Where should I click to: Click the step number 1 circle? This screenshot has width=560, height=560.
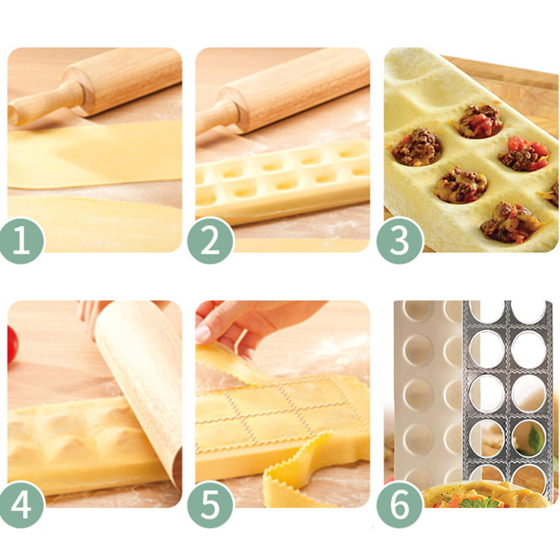(21, 241)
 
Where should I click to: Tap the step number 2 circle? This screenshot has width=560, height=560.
(210, 241)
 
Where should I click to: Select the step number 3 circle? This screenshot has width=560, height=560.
(399, 241)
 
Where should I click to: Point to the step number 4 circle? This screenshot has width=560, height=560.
(22, 505)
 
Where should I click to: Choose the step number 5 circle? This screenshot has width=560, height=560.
(210, 505)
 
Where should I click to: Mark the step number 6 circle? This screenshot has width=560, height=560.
(399, 505)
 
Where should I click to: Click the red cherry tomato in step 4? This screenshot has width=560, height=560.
(12, 345)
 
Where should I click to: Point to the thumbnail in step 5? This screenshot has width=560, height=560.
(203, 334)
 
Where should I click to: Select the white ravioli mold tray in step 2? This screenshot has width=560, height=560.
(282, 182)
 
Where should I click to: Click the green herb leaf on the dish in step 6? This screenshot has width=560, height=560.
(480, 503)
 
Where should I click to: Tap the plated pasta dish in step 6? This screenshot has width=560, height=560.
(486, 494)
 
